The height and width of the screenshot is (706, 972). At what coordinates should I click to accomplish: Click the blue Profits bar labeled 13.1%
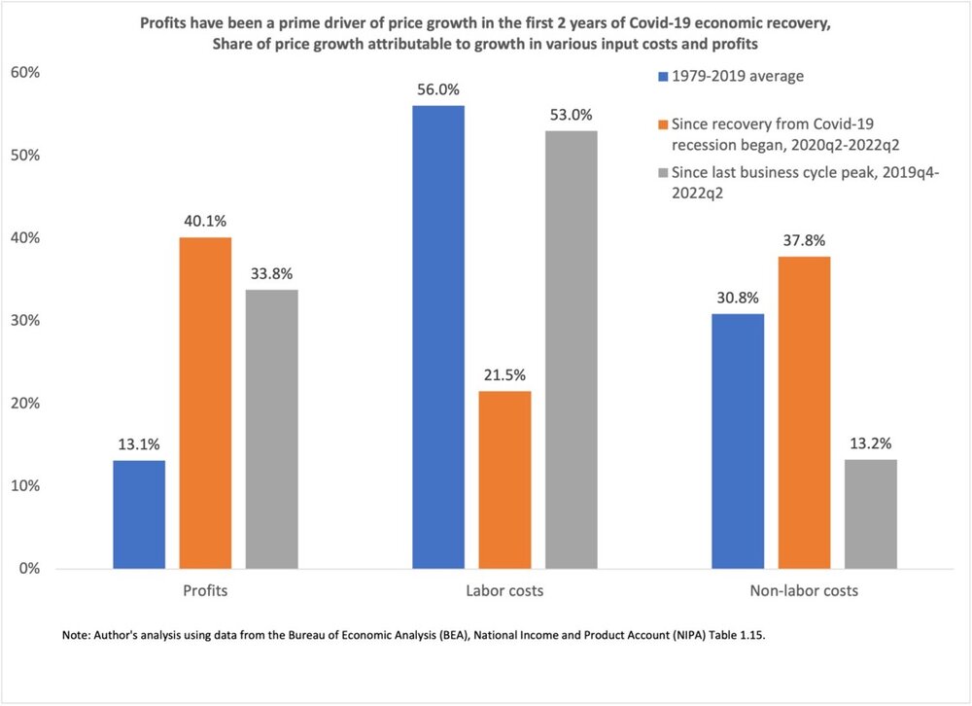coord(139,514)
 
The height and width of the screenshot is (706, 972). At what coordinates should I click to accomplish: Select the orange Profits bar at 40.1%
coord(205,403)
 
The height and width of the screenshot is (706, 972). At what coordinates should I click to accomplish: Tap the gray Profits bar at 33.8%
coord(271,429)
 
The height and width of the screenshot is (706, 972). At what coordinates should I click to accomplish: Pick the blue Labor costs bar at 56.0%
coord(438,336)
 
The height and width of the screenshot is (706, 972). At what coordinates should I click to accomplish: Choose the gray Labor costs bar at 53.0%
coord(571,349)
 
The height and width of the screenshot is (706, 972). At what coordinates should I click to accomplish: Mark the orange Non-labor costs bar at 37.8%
coord(804,412)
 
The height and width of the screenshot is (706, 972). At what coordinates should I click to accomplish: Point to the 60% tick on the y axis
coord(23,73)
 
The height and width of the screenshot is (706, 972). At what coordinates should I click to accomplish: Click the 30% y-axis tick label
coord(23,321)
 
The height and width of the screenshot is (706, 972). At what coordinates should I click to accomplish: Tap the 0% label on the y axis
coord(27,569)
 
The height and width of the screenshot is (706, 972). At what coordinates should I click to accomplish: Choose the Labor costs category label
coord(504,590)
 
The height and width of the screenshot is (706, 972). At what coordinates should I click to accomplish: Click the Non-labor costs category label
coord(804,590)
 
